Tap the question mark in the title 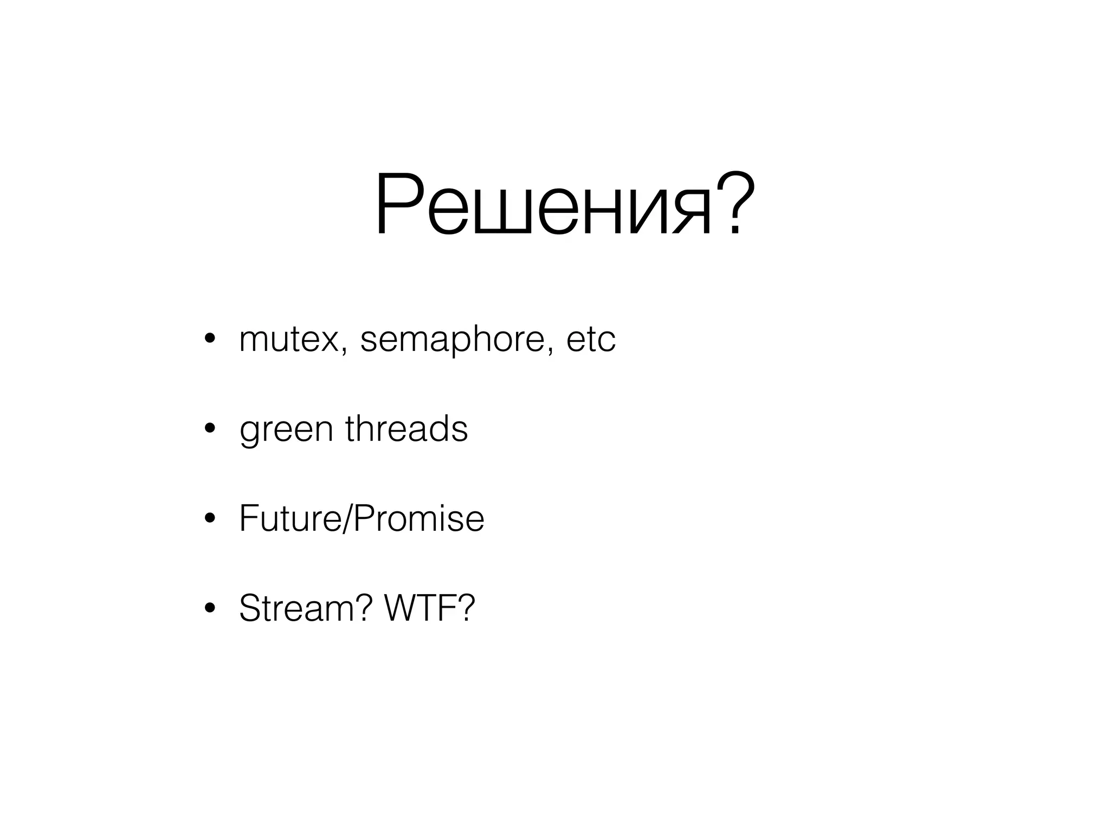click(735, 203)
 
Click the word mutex click(288, 340)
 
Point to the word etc click(591, 340)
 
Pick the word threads click(406, 428)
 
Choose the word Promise click(418, 518)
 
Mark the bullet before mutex click(210, 340)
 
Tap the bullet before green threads click(210, 430)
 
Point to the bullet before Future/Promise click(210, 519)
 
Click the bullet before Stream click(210, 608)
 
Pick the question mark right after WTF click(466, 608)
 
